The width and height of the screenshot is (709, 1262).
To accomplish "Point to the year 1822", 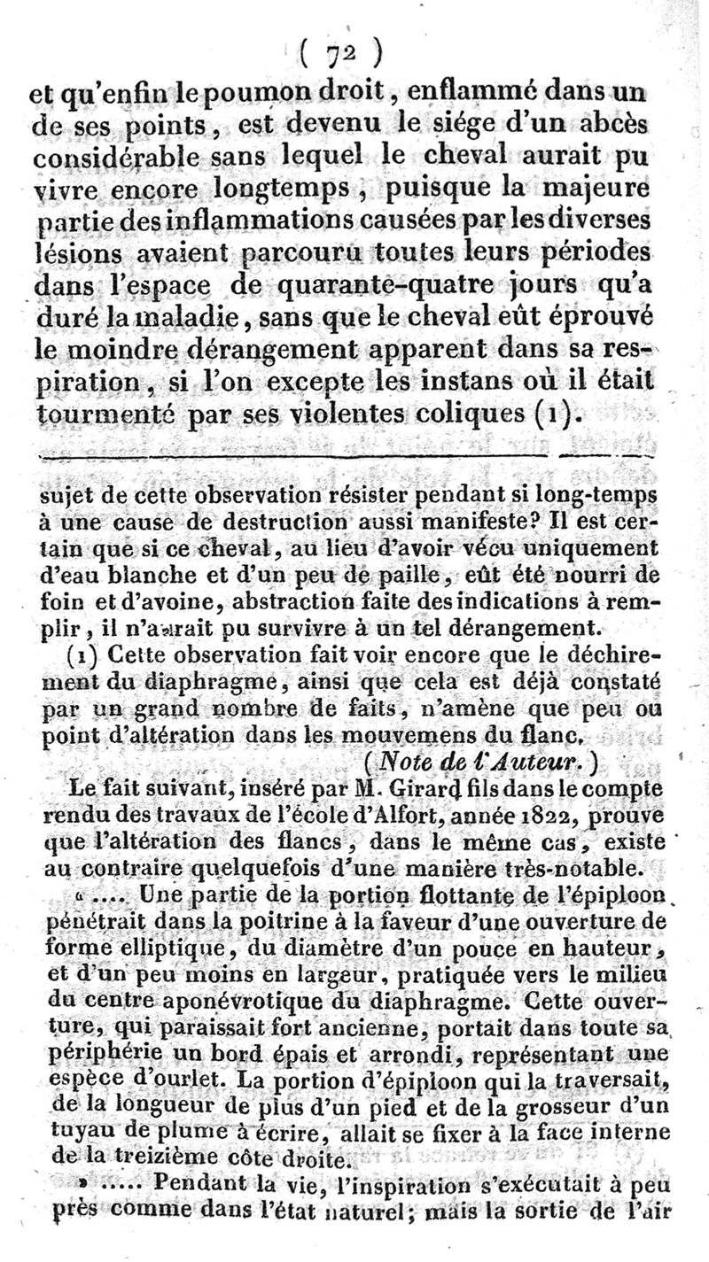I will pyautogui.click(x=522, y=809).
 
